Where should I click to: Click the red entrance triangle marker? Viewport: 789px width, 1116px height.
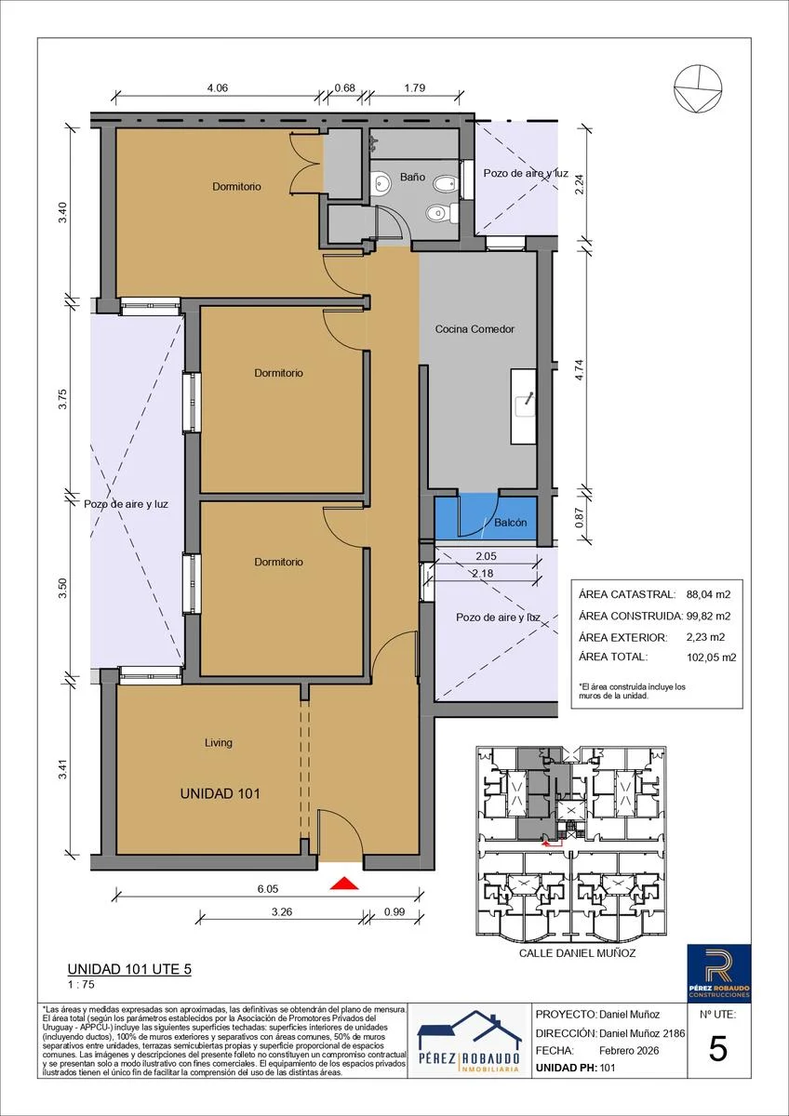[x=344, y=883]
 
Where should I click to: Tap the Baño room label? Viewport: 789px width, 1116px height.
[x=412, y=177]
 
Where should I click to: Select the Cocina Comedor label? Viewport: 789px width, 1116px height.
[x=475, y=329]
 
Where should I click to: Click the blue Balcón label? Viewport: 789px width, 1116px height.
[x=511, y=523]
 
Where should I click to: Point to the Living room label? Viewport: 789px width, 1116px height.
[x=219, y=742]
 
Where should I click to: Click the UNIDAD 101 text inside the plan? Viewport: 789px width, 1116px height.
[x=220, y=793]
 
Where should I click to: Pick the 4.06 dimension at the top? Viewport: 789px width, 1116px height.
[x=218, y=87]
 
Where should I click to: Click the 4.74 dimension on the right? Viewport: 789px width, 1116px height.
[x=579, y=370]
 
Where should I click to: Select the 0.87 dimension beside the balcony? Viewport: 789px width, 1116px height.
[x=579, y=518]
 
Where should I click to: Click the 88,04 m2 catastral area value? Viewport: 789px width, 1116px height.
[x=708, y=594]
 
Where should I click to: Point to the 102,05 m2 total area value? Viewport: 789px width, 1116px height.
[x=711, y=658]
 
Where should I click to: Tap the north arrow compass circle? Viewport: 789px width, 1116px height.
[x=697, y=89]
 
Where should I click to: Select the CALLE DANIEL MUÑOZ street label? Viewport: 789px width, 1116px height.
[x=577, y=953]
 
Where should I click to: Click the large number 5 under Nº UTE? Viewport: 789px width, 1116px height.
[x=717, y=1050]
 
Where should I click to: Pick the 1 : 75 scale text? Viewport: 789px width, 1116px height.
[x=81, y=984]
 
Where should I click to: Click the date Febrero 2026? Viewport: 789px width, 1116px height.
[x=629, y=1051]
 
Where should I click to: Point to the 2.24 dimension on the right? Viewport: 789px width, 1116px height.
[x=579, y=184]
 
